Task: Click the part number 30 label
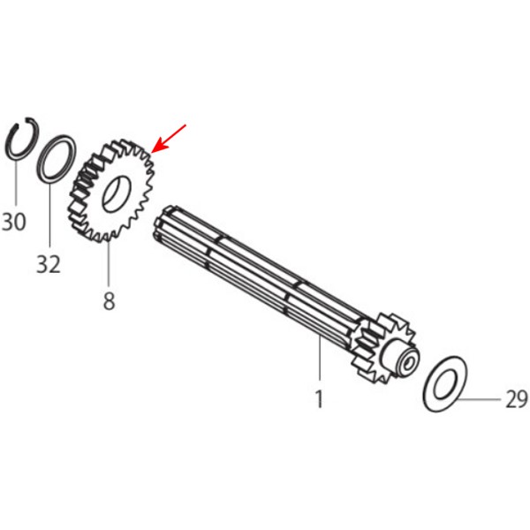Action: click(x=14, y=222)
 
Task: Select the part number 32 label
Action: click(x=49, y=264)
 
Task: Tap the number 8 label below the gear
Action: click(x=109, y=301)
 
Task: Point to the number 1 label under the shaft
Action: click(x=319, y=399)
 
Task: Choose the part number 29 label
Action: click(x=517, y=399)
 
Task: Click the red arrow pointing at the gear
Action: click(x=168, y=139)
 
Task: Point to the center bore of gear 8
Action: click(x=117, y=193)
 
